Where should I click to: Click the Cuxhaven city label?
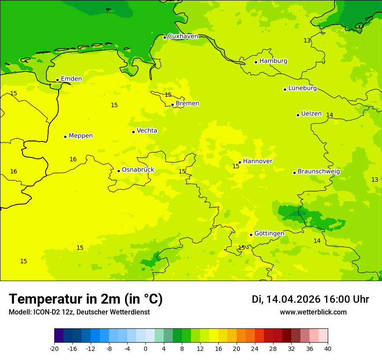(183, 36)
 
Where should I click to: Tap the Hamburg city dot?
(256, 62)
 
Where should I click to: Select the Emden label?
(71, 79)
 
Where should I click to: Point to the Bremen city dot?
(172, 105)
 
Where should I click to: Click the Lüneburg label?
(303, 88)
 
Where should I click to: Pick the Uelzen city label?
(311, 114)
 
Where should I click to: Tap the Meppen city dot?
(65, 137)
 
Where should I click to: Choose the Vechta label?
(147, 131)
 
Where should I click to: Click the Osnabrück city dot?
(119, 171)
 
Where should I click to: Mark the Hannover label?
(257, 161)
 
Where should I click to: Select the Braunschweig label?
(319, 171)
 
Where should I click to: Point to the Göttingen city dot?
(251, 235)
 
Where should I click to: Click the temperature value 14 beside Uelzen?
(329, 115)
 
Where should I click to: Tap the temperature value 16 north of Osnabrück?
(73, 159)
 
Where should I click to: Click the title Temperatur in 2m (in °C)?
(86, 299)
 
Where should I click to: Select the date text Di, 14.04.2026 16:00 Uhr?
(310, 299)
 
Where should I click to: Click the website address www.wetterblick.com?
(313, 312)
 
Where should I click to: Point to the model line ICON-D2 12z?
(79, 312)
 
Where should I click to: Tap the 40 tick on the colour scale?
(327, 348)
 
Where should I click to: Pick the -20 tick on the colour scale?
(54, 348)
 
